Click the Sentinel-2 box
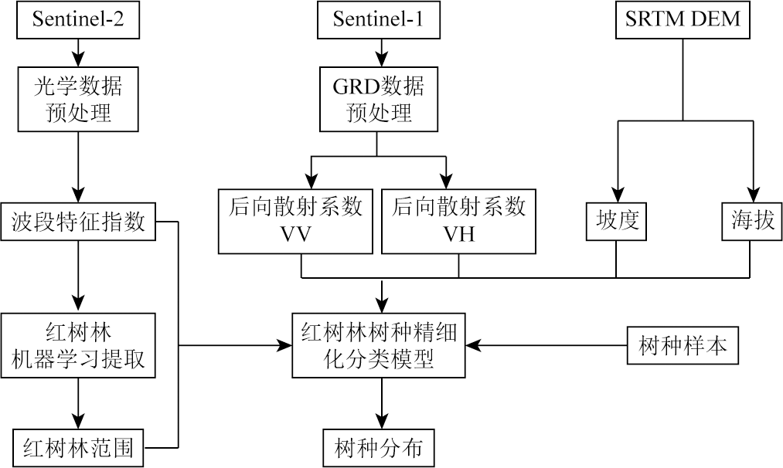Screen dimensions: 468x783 (77, 19)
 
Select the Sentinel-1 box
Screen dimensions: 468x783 (378, 19)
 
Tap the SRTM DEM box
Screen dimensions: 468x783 (683, 19)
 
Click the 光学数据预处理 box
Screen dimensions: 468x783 (77, 99)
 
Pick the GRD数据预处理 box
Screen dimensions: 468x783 (378, 99)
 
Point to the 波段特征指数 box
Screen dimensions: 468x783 (78, 222)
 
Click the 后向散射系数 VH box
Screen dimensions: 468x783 (459, 220)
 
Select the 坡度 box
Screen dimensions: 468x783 (616, 222)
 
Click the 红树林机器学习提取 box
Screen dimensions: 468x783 (77, 345)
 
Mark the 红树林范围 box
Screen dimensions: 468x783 (78, 447)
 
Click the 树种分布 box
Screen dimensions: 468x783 (379, 447)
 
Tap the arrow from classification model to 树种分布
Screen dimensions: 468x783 (379, 405)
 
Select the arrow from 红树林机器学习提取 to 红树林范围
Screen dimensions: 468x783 (77, 405)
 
